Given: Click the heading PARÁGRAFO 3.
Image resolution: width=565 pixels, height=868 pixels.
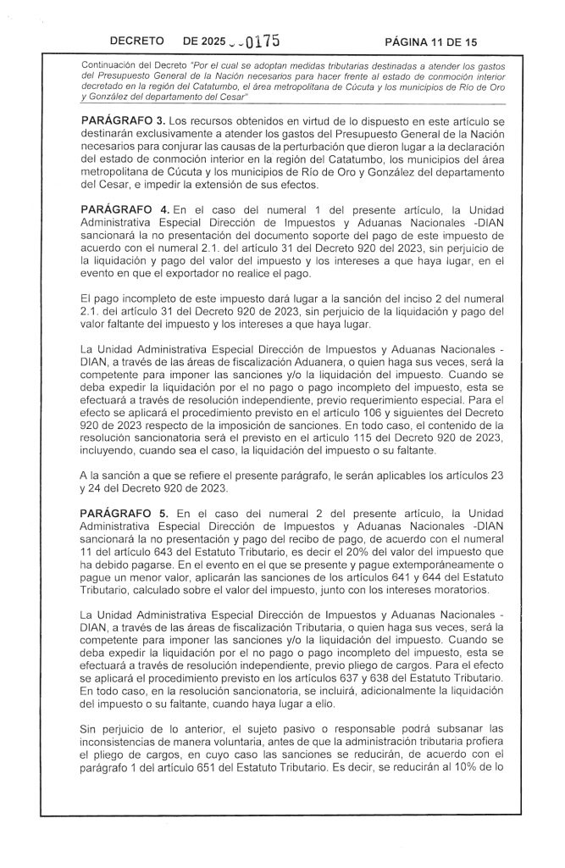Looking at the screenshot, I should coord(122,123).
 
